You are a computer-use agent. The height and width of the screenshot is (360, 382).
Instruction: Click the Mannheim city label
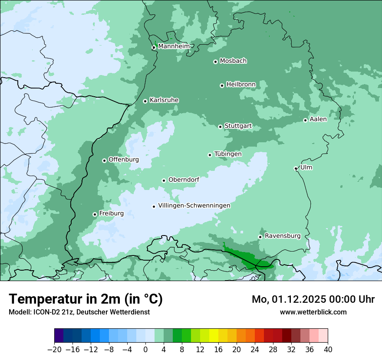tap(174, 46)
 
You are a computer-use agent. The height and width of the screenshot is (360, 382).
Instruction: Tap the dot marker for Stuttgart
tap(220, 127)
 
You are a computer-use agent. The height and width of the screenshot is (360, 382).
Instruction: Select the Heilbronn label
tap(241, 84)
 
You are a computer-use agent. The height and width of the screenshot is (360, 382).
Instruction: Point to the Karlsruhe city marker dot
tap(145, 101)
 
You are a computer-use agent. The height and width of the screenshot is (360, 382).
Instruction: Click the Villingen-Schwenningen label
tap(194, 205)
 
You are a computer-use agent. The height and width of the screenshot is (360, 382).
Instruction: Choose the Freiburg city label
tap(111, 213)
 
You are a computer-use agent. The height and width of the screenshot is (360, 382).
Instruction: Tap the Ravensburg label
tap(282, 236)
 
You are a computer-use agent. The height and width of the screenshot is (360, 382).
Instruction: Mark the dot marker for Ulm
tap(296, 168)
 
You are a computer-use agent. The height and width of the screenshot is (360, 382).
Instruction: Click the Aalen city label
tap(318, 119)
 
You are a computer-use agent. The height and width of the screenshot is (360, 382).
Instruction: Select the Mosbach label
tap(233, 61)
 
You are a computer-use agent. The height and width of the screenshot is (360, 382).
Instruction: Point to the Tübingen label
tap(228, 154)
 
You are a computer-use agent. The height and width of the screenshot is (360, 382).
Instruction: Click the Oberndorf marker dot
tap(164, 180)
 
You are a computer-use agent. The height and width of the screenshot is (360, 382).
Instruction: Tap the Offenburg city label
tap(124, 159)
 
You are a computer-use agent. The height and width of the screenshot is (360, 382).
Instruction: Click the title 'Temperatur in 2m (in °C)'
tap(86, 299)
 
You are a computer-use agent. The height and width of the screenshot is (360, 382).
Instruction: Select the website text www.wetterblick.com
tap(313, 312)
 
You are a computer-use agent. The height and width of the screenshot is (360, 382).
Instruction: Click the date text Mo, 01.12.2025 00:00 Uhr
tap(313, 299)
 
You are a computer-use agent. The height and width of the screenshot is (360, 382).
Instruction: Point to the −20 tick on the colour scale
tap(54, 349)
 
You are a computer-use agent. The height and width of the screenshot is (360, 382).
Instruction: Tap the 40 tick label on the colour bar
tap(328, 349)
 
